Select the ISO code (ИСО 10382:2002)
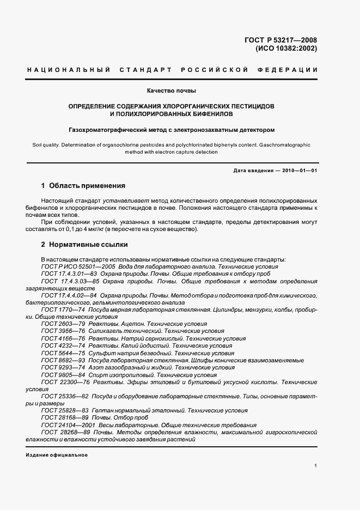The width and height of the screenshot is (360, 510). point(286,48)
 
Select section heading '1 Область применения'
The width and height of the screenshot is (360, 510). point(83,186)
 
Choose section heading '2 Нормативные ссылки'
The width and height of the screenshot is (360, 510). point(84,245)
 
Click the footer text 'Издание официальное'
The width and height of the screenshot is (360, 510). point(57,455)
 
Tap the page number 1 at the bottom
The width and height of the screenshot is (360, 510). point(315,466)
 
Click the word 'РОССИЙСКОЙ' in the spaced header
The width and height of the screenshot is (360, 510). point(214,70)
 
